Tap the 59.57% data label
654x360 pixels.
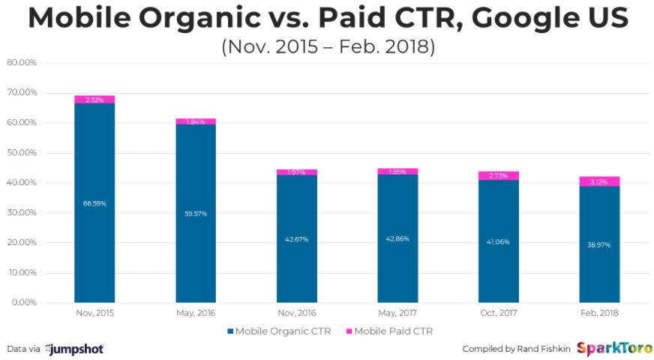point(196,214)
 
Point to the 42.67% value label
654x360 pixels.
point(297,239)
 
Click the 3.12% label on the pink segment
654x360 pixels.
point(599,181)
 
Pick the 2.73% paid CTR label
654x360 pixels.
point(499,175)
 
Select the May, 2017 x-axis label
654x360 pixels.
point(397,313)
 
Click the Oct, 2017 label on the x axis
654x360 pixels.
point(498,313)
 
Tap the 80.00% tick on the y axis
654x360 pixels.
point(22,63)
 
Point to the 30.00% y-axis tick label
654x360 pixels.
point(22,213)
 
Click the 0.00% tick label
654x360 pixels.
point(23,303)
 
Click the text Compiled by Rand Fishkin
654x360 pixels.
point(516,349)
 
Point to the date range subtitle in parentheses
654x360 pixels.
point(328,46)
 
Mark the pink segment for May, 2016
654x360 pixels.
point(196,121)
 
